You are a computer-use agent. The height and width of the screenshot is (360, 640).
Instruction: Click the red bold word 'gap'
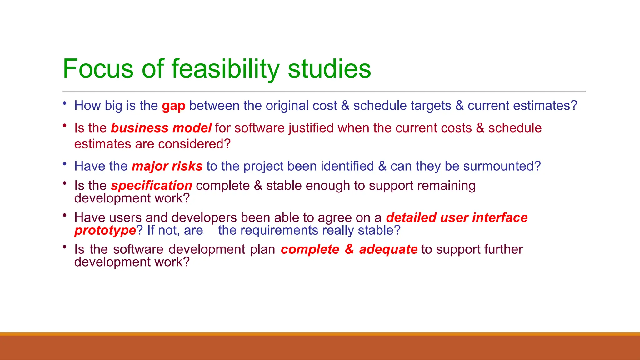pos(173,106)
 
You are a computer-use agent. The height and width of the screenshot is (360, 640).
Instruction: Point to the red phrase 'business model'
pos(161,128)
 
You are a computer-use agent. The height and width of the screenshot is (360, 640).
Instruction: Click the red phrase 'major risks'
pos(167,166)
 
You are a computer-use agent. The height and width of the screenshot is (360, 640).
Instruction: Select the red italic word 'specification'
pos(152,186)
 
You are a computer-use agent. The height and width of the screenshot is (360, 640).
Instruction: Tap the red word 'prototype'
pos(105,231)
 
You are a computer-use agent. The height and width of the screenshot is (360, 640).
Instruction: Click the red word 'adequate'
pos(388,249)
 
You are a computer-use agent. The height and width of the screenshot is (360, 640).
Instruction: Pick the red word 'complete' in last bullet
pos(310,249)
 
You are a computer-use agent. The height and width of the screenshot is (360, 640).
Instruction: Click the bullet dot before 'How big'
pos(64,103)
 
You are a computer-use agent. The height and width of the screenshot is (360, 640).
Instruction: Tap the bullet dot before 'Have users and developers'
pos(64,215)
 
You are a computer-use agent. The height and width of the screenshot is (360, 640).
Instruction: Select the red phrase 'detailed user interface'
pos(457,217)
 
